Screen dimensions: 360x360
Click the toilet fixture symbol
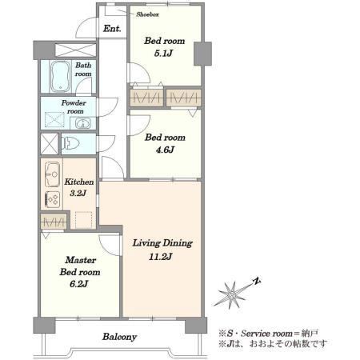click(70, 143)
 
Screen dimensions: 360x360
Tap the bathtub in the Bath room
click(61, 76)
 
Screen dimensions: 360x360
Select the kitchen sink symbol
click(52, 174)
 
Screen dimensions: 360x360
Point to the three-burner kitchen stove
click(52, 199)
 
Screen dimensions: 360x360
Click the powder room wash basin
click(83, 123)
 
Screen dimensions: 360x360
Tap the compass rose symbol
click(231, 294)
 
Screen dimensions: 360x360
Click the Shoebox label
click(147, 14)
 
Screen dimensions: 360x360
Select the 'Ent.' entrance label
click(112, 29)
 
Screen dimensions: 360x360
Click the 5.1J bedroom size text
click(163, 54)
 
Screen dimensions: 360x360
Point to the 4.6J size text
click(165, 150)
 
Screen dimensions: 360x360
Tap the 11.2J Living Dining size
click(160, 257)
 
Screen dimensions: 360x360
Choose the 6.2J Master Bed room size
click(79, 284)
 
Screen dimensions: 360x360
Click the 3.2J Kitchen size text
click(78, 193)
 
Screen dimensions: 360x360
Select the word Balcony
click(119, 337)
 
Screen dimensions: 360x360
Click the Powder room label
click(74, 106)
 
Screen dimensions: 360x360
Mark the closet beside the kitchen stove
click(54, 222)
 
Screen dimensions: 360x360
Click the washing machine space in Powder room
click(54, 120)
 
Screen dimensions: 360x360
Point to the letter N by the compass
click(257, 281)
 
